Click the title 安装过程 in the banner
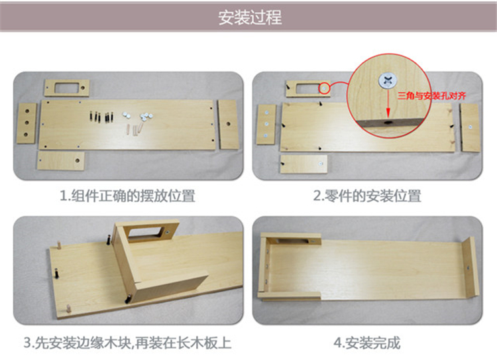coord(250,17)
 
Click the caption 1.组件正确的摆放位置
coord(127,196)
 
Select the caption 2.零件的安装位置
coord(367,196)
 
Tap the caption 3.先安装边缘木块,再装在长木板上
coord(127,343)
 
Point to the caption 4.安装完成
coord(367,343)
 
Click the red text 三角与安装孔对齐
coord(431,95)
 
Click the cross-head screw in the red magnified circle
coord(388,81)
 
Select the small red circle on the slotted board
coord(324,88)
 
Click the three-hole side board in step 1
coord(27,123)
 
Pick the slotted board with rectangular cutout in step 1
coord(66,88)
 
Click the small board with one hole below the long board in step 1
coord(61,160)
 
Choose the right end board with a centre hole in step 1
coord(227,125)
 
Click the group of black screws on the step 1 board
coord(101,117)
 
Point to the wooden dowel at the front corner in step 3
coord(68,308)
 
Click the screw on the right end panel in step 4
coord(468,269)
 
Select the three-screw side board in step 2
coord(266,125)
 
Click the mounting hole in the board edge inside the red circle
coord(388,123)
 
